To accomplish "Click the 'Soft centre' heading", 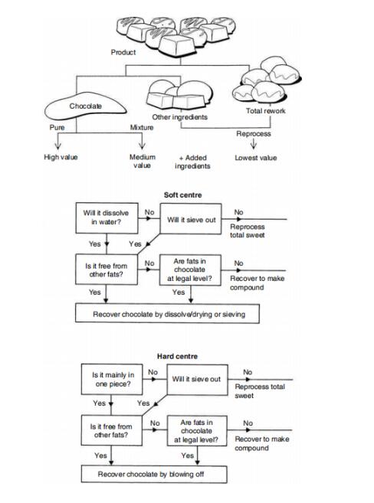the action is (x=182, y=195).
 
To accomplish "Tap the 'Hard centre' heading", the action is (x=177, y=357).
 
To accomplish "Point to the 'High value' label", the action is (x=61, y=157).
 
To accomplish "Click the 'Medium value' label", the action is (x=143, y=162).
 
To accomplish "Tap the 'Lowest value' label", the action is (x=255, y=158).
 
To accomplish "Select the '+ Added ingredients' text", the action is (x=192, y=162).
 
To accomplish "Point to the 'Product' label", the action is (x=123, y=52).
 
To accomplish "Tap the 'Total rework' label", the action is (x=265, y=111).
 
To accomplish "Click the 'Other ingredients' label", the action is (x=180, y=117).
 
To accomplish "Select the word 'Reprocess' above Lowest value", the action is (x=254, y=134).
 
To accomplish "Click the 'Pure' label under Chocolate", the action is (x=57, y=127).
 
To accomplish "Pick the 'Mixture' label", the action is (x=142, y=127).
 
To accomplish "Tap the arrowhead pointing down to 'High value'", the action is (x=57, y=146).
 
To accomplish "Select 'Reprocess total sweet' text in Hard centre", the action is (x=260, y=391).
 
